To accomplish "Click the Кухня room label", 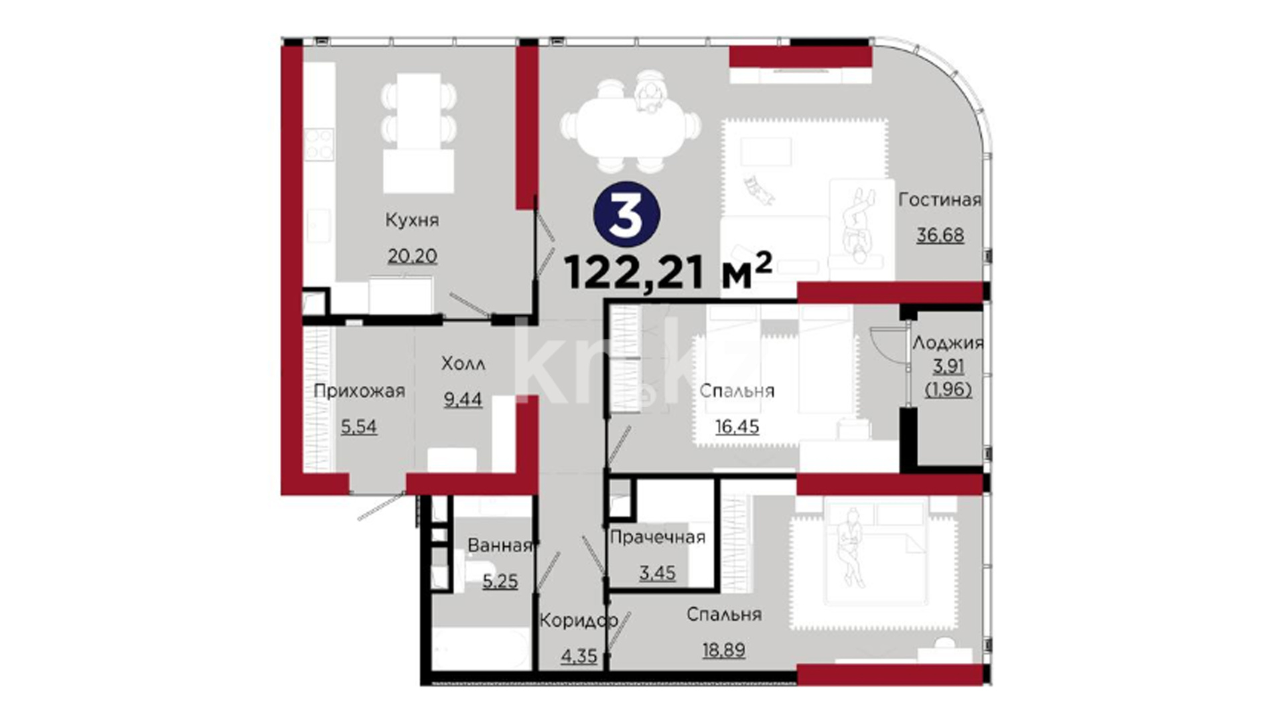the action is [x=412, y=220].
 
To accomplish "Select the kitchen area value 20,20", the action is [x=412, y=256].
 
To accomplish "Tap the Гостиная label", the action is [x=940, y=199].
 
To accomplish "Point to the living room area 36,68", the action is [x=940, y=235].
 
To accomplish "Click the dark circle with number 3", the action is [x=627, y=215].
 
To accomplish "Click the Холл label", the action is [x=463, y=364].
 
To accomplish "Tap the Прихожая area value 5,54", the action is [x=359, y=426].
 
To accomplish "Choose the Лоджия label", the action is [x=948, y=343].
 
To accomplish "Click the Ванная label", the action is [x=500, y=546].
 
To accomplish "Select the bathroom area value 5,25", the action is [x=500, y=581].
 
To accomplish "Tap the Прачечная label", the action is [x=657, y=537].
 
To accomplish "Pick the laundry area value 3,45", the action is [x=657, y=573].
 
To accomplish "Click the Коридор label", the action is [x=579, y=621].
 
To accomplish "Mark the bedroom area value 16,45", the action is [x=737, y=426].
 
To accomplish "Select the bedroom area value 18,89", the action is [x=723, y=650].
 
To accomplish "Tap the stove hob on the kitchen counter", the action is [x=319, y=145].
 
